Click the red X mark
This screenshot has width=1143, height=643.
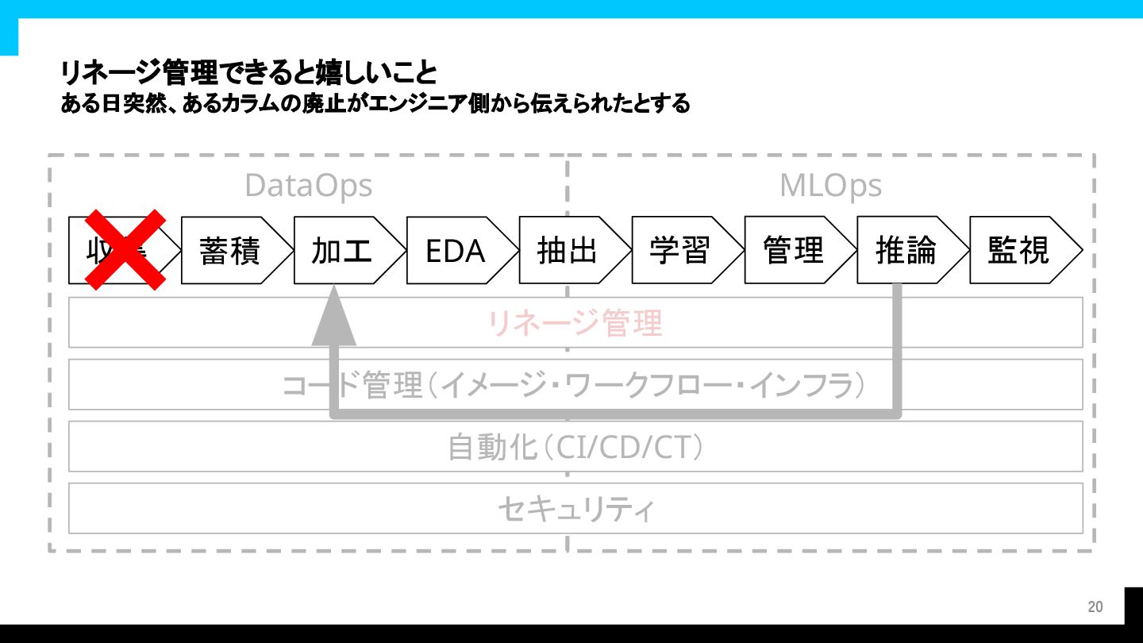(x=125, y=249)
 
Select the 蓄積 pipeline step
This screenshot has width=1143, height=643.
(x=230, y=250)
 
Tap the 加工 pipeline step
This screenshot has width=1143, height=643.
(x=342, y=250)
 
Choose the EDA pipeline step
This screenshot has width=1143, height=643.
(x=455, y=250)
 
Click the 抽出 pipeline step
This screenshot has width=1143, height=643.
(x=568, y=250)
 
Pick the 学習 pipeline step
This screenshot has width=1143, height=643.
(x=680, y=250)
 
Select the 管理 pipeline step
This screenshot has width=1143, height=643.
(x=793, y=250)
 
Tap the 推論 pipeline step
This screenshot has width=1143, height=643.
(x=906, y=250)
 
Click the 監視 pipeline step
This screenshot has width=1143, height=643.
(x=1018, y=250)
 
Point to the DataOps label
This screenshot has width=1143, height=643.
(x=308, y=186)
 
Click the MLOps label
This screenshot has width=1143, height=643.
(x=830, y=186)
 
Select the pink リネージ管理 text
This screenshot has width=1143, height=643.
(x=575, y=323)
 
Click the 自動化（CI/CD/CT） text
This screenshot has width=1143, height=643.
(x=575, y=447)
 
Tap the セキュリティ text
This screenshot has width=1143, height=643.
(x=575, y=509)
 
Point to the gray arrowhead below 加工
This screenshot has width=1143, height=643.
(x=334, y=318)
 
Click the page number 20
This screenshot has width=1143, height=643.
(x=1095, y=607)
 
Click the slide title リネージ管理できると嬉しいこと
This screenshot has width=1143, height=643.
(x=248, y=74)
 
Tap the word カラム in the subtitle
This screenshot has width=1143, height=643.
(x=241, y=104)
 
